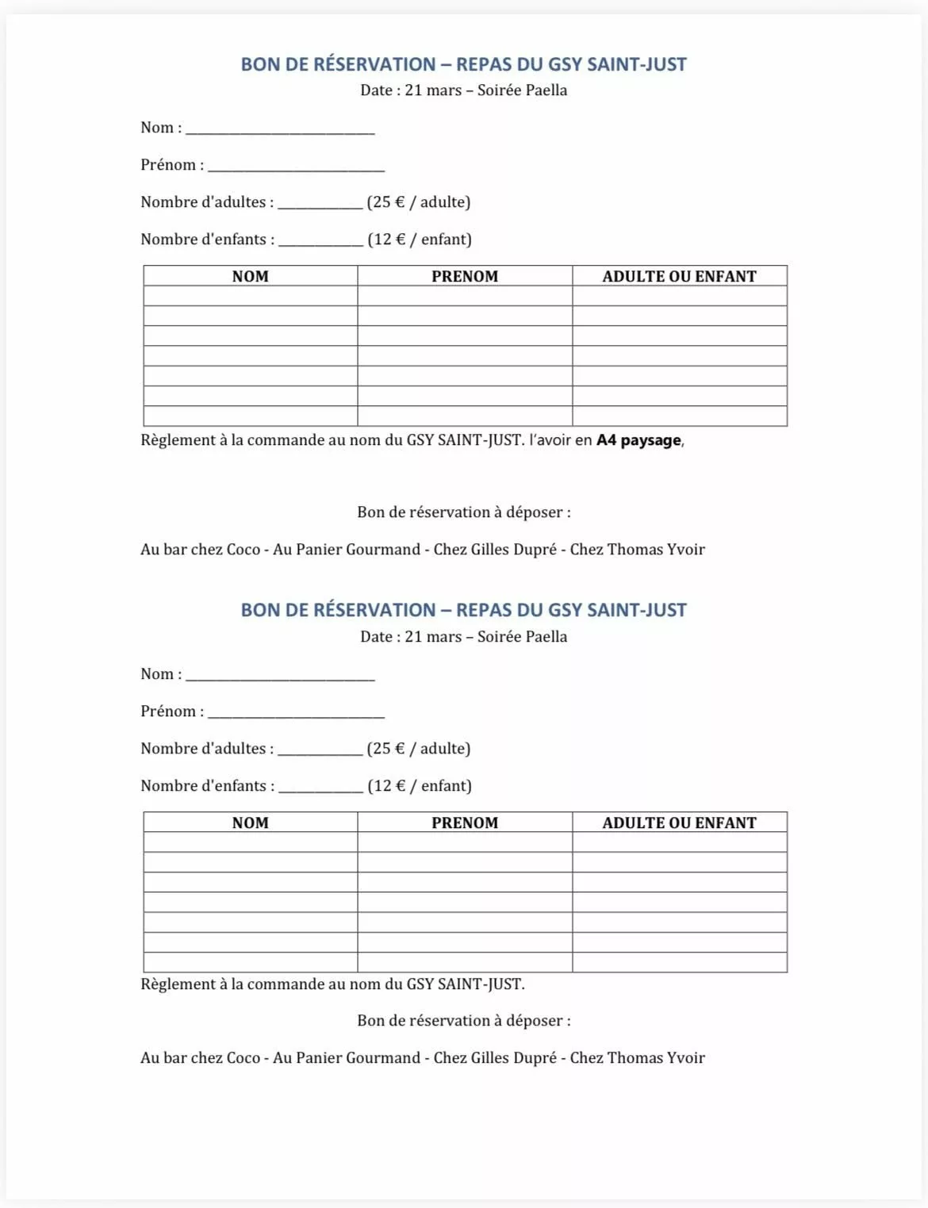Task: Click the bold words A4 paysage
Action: [638, 440]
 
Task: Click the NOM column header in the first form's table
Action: [250, 276]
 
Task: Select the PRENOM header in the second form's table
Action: [465, 823]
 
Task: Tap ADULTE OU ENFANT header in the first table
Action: [679, 276]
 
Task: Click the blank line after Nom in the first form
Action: [280, 130]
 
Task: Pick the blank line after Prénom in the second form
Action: [296, 714]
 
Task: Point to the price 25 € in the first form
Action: [388, 202]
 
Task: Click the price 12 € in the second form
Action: [389, 786]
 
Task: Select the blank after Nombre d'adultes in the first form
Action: [320, 204]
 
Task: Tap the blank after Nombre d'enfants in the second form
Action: [320, 788]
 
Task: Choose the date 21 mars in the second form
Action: [433, 637]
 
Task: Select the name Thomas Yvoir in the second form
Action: [656, 1058]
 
